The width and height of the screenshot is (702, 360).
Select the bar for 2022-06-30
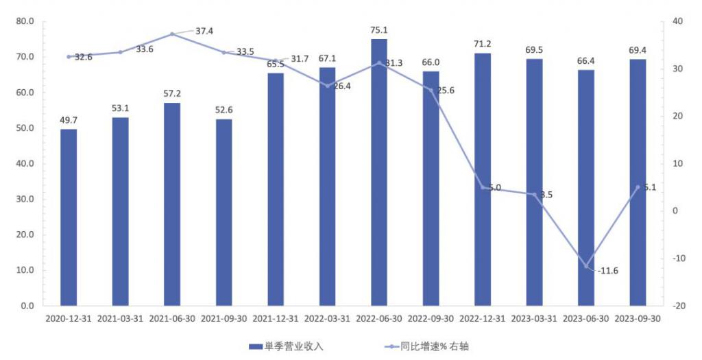coord(379,171)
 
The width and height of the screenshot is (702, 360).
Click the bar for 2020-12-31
coord(69,217)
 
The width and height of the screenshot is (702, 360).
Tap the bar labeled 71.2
coord(483,178)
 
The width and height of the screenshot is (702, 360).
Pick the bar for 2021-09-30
coord(224,212)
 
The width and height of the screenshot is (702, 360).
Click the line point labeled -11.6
coord(586,266)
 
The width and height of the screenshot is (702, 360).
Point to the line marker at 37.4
coord(172,34)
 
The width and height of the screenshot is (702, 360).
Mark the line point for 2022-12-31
coord(483,187)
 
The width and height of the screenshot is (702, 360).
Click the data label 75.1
coord(379,29)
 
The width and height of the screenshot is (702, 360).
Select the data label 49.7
coord(69,120)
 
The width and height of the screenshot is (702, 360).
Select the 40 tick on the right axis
coord(678,21)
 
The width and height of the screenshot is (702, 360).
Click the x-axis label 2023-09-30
coord(638,319)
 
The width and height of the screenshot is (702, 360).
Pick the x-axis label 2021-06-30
coord(172,319)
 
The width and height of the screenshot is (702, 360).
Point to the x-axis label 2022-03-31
coord(328,319)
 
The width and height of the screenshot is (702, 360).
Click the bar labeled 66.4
coord(586,187)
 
